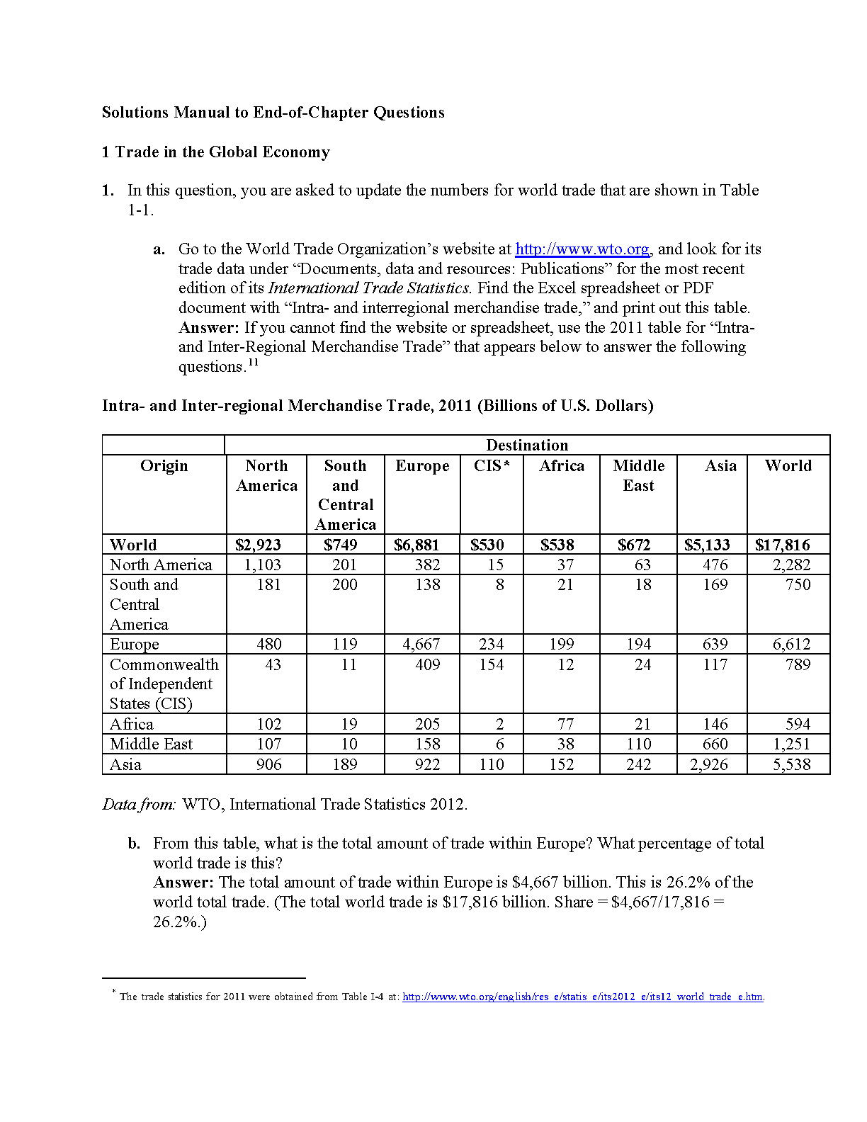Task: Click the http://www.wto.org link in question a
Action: [582, 249]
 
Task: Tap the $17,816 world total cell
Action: [782, 545]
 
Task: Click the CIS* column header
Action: [492, 466]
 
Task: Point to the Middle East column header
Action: [638, 475]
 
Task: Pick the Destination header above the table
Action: [527, 445]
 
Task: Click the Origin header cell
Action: [164, 466]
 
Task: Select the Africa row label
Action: [132, 724]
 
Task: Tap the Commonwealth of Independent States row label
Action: [164, 684]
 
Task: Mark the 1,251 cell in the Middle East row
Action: [791, 744]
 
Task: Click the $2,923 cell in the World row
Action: [258, 545]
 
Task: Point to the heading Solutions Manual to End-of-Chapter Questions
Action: [273, 113]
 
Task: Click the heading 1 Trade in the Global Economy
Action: [216, 152]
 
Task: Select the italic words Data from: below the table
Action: [139, 805]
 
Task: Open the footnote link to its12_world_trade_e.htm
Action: [582, 997]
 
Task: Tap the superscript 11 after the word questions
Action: [253, 363]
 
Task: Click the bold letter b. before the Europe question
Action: [135, 844]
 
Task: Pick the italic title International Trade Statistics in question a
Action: [368, 288]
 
